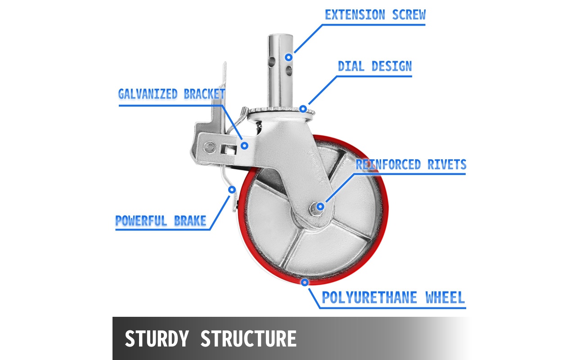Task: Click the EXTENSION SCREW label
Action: click(375, 15)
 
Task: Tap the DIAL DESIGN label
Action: click(375, 67)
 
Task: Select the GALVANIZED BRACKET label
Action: click(171, 94)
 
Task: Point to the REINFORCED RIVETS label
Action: click(411, 165)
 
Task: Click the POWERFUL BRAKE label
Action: click(161, 221)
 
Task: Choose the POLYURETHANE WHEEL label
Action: click(393, 297)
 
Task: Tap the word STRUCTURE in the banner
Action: click(248, 338)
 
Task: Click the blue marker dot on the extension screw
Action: click(289, 57)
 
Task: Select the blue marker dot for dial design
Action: click(303, 108)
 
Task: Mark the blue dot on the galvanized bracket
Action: click(245, 145)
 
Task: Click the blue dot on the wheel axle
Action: click(320, 207)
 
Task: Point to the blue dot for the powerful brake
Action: click(232, 189)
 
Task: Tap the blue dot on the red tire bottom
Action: click(305, 283)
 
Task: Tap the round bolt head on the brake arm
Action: click(209, 147)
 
